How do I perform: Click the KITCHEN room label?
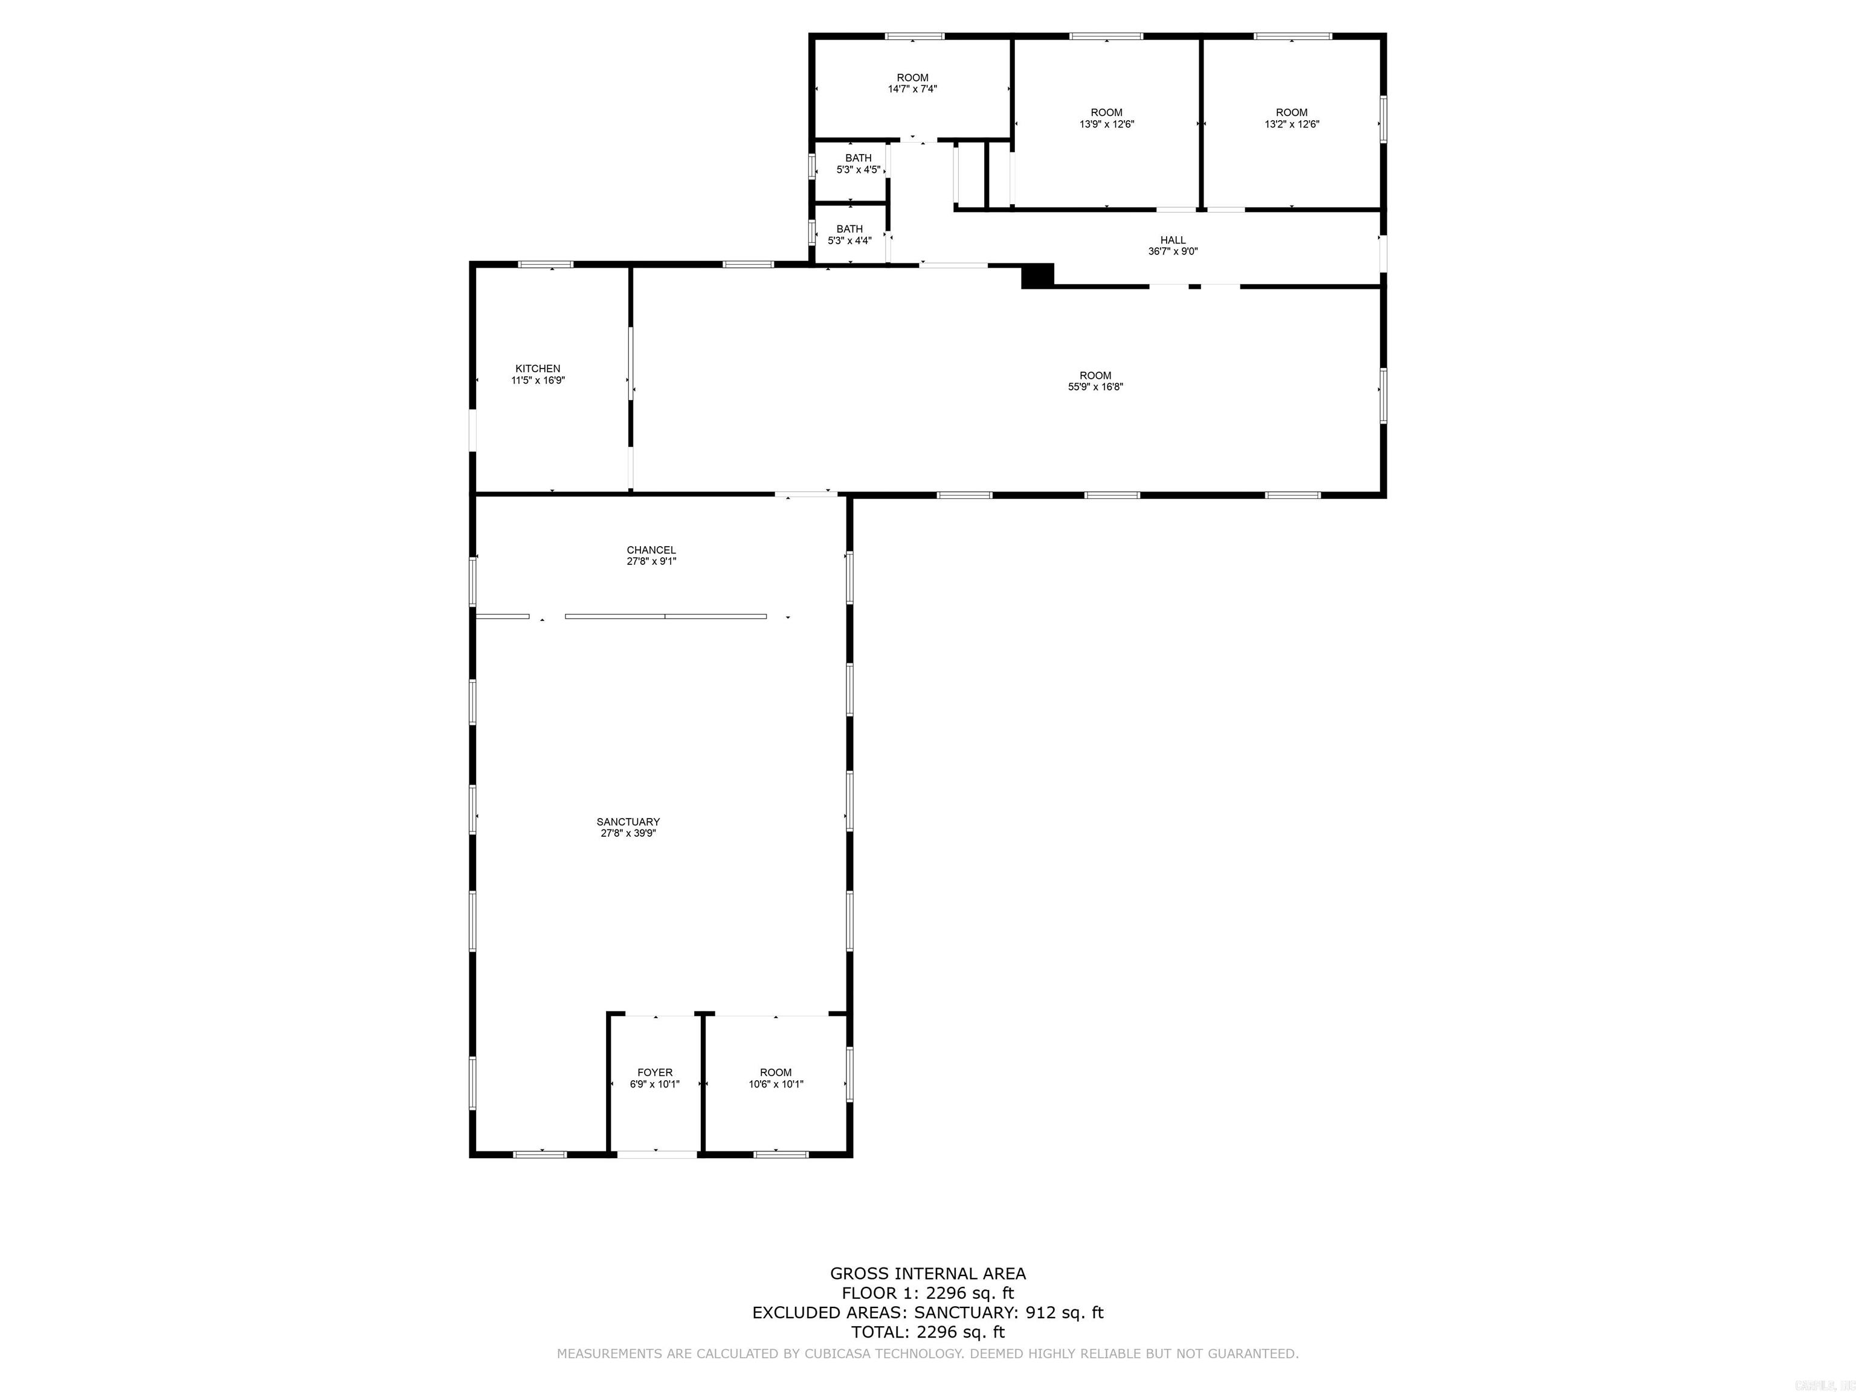(537, 369)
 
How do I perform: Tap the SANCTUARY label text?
(628, 822)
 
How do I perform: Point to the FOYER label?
(654, 1072)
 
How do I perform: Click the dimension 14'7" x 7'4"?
(912, 89)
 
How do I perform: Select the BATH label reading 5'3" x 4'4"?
(849, 235)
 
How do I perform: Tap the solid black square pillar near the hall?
(1037, 276)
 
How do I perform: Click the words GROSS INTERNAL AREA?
(927, 1274)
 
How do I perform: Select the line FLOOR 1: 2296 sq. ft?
(927, 1293)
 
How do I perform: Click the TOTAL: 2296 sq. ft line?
(927, 1332)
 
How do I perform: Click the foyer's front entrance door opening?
(657, 1155)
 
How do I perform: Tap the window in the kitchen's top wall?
(546, 264)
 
